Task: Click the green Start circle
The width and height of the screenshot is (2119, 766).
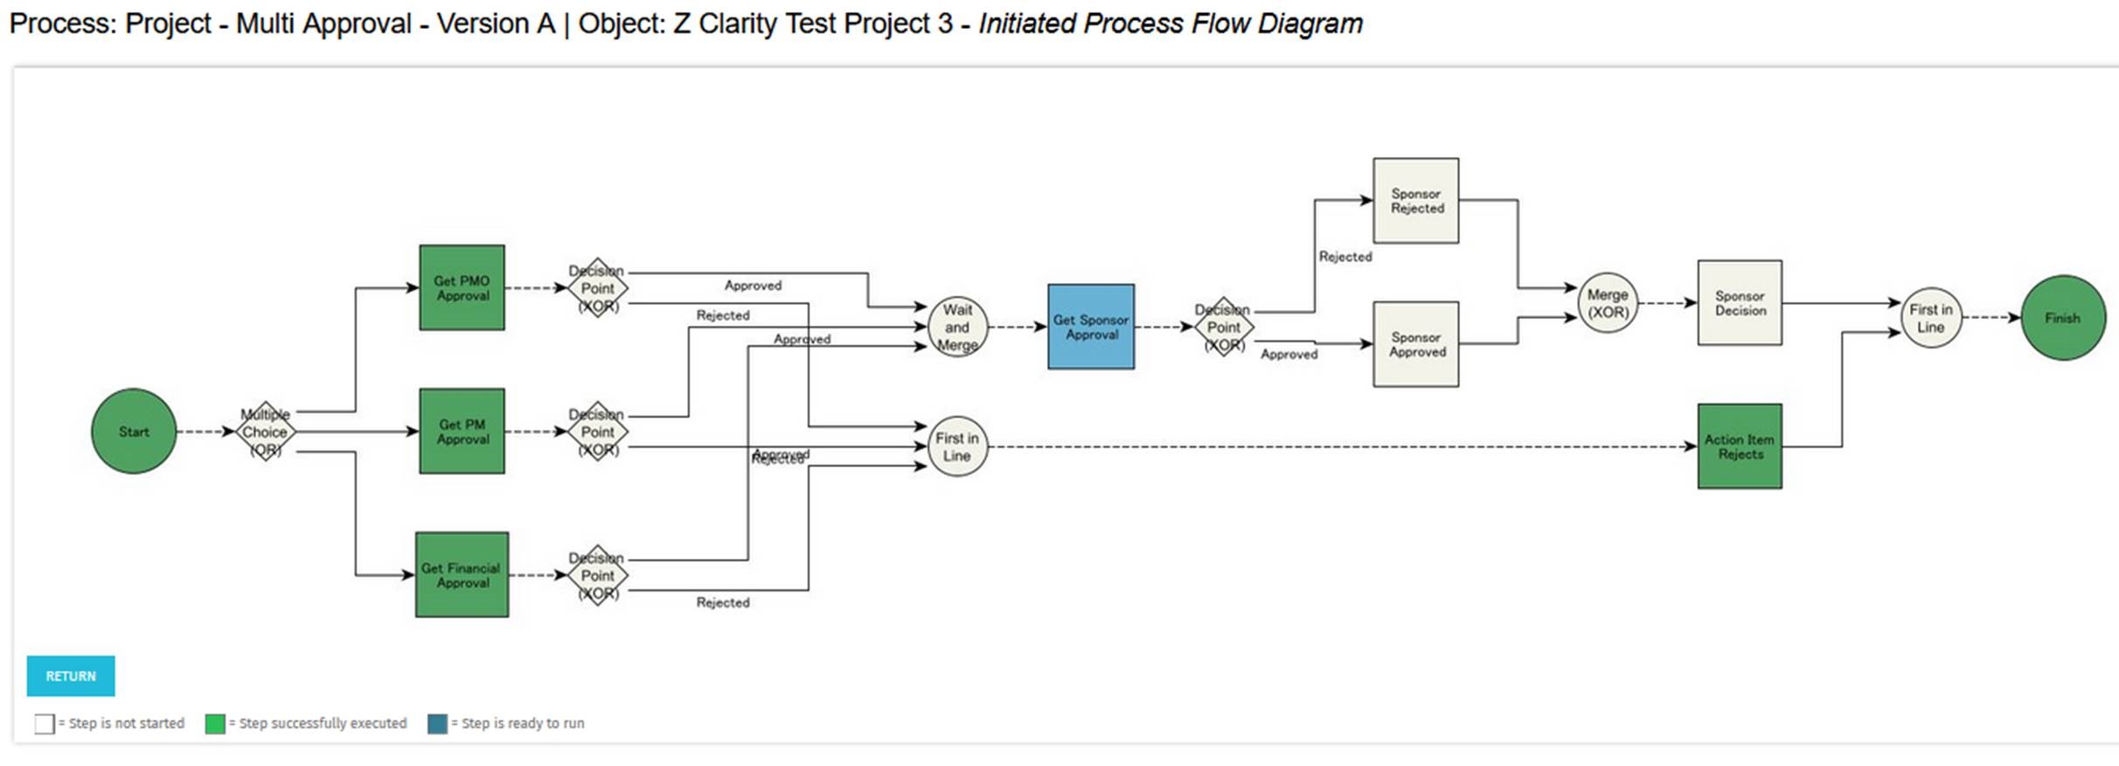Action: (134, 431)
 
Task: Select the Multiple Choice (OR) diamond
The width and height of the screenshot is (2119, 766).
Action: (265, 431)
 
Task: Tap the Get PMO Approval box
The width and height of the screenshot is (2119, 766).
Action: (462, 287)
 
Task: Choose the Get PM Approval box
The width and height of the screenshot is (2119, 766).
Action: (462, 431)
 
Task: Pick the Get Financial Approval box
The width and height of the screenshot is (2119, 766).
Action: (462, 575)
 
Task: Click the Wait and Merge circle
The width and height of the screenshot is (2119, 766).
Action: (957, 328)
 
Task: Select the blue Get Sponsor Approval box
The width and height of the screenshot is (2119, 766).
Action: (1091, 327)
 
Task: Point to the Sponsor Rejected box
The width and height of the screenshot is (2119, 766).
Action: (1416, 201)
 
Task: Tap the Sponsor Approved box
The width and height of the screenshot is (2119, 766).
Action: (1416, 344)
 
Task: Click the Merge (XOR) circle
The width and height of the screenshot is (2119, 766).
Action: (1608, 303)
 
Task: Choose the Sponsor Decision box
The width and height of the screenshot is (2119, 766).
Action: (1740, 303)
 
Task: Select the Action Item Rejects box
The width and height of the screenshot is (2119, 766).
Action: (1740, 446)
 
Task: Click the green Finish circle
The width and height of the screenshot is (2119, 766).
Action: (2063, 318)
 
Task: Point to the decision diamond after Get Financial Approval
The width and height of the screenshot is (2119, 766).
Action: (598, 575)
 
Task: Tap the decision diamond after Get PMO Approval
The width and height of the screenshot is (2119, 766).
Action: (598, 287)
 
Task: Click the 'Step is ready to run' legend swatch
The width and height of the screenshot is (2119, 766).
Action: (437, 724)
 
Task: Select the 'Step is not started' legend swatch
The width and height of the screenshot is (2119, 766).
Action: (45, 724)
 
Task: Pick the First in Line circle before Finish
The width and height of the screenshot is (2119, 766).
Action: (1931, 318)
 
